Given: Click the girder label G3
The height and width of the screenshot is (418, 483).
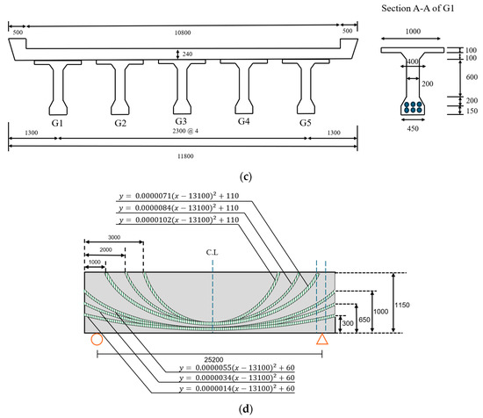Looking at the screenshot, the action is pos(181,121).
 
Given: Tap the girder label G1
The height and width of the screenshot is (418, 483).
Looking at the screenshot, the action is pos(57,123).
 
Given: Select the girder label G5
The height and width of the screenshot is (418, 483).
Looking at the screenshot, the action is pos(306,123).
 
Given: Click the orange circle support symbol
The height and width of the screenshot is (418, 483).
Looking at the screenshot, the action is pos(97,339).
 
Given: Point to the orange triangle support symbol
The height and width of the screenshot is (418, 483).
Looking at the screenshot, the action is pos(322,340).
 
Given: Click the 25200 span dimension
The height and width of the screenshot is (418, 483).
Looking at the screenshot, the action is pos(213,359).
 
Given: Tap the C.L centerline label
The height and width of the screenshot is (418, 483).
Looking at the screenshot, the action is pos(212,253).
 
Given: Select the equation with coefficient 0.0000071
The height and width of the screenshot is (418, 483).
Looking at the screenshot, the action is pos(179,196).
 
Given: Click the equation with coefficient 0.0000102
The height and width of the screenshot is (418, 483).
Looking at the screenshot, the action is pos(179,220).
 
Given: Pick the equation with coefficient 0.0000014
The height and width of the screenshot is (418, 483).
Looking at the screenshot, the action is pos(237,388).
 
